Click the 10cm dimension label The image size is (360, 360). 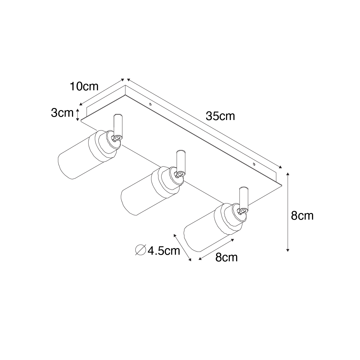click(84, 86)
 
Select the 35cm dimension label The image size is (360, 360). click(220, 116)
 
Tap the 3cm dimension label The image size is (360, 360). click(62, 113)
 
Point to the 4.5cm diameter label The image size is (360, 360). click(164, 251)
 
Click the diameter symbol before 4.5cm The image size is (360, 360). click(140, 250)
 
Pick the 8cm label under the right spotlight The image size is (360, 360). click(226, 257)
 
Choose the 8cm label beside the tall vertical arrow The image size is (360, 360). click(302, 216)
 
